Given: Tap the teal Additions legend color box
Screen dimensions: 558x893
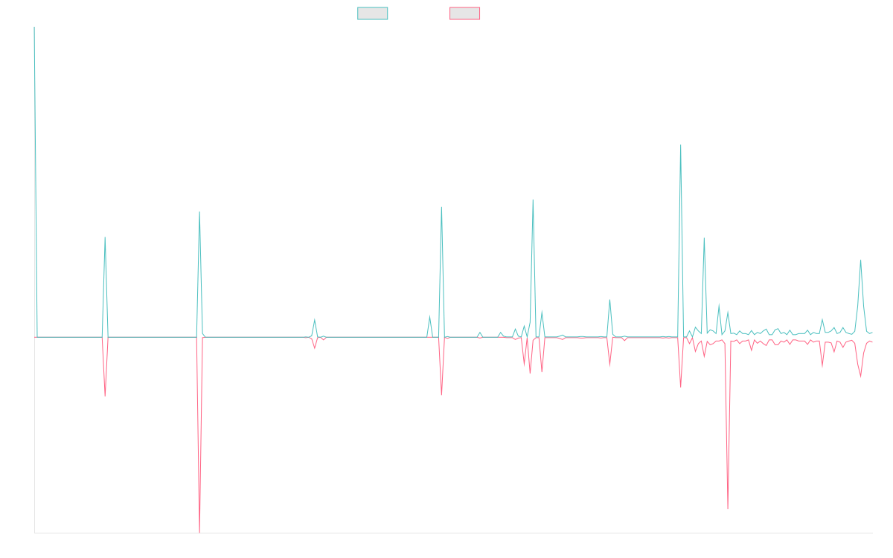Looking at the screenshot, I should click(373, 13).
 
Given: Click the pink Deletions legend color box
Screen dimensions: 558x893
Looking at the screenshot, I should click(465, 13).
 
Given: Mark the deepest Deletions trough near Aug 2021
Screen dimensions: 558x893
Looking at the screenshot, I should click(199, 532).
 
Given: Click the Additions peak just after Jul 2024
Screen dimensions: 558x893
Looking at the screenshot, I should click(681, 145).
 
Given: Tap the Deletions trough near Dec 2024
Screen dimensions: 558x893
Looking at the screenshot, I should click(728, 509).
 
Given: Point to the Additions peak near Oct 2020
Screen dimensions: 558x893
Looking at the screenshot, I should click(105, 238).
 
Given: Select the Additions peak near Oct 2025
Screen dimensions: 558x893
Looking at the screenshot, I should click(860, 260).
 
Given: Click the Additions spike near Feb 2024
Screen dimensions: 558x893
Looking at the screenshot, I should click(609, 301).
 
